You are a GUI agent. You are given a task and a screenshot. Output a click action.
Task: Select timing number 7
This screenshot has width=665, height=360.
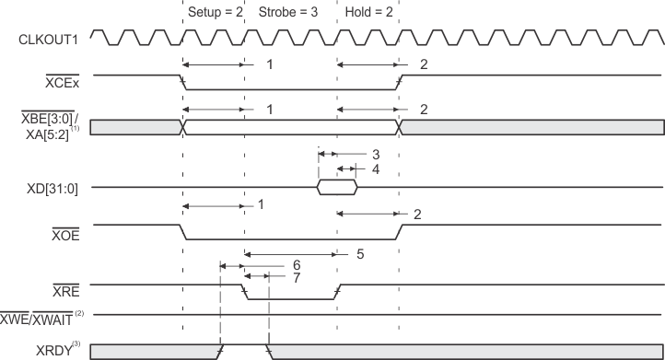point(297,277)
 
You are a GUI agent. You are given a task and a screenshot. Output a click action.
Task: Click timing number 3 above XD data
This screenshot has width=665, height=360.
point(375,155)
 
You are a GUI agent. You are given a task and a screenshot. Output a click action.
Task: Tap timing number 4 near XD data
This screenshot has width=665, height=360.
point(375,168)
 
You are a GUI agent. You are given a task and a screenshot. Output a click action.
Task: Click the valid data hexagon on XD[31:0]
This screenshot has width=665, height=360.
point(336,188)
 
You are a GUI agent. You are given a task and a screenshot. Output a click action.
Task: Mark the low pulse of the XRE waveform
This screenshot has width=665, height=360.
point(290,298)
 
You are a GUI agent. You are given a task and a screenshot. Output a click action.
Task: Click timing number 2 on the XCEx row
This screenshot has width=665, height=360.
point(424,64)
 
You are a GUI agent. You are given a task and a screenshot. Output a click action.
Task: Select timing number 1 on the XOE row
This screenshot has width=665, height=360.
point(262,203)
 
